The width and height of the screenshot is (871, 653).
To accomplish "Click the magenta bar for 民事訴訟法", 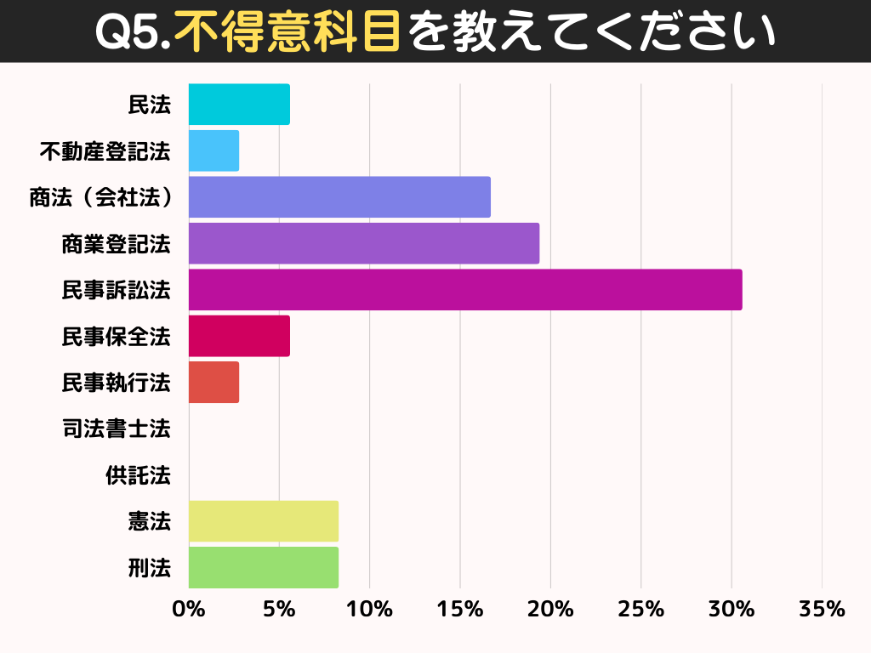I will point(464,290).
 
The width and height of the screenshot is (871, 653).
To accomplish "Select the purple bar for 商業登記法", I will point(363,243).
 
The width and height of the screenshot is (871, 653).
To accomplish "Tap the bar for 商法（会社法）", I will point(339,197).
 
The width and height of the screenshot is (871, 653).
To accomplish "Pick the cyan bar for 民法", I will point(239,105).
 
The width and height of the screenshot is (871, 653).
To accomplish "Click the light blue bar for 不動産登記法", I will point(213,150).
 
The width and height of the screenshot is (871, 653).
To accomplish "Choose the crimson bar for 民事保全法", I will point(239,336).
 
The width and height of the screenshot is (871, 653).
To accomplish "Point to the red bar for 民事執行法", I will point(213,383).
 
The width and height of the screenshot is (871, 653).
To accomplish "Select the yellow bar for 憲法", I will point(264,521).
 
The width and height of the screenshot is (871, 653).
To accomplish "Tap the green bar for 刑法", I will point(264,567).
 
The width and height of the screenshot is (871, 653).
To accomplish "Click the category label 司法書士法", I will point(116,429).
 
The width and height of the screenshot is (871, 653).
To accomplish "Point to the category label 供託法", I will point(138,475).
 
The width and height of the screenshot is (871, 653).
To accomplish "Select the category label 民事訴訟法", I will point(116,290).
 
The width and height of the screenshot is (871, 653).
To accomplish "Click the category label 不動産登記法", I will point(105,151).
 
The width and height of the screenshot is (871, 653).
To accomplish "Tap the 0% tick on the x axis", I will point(189,610).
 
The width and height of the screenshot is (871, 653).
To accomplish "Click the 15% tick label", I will point(460,610).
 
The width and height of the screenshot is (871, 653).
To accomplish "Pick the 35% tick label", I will point(822,610).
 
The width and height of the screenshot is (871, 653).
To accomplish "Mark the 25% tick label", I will point(640,610).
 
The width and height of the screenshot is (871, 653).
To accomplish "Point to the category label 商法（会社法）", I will point(100,197).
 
